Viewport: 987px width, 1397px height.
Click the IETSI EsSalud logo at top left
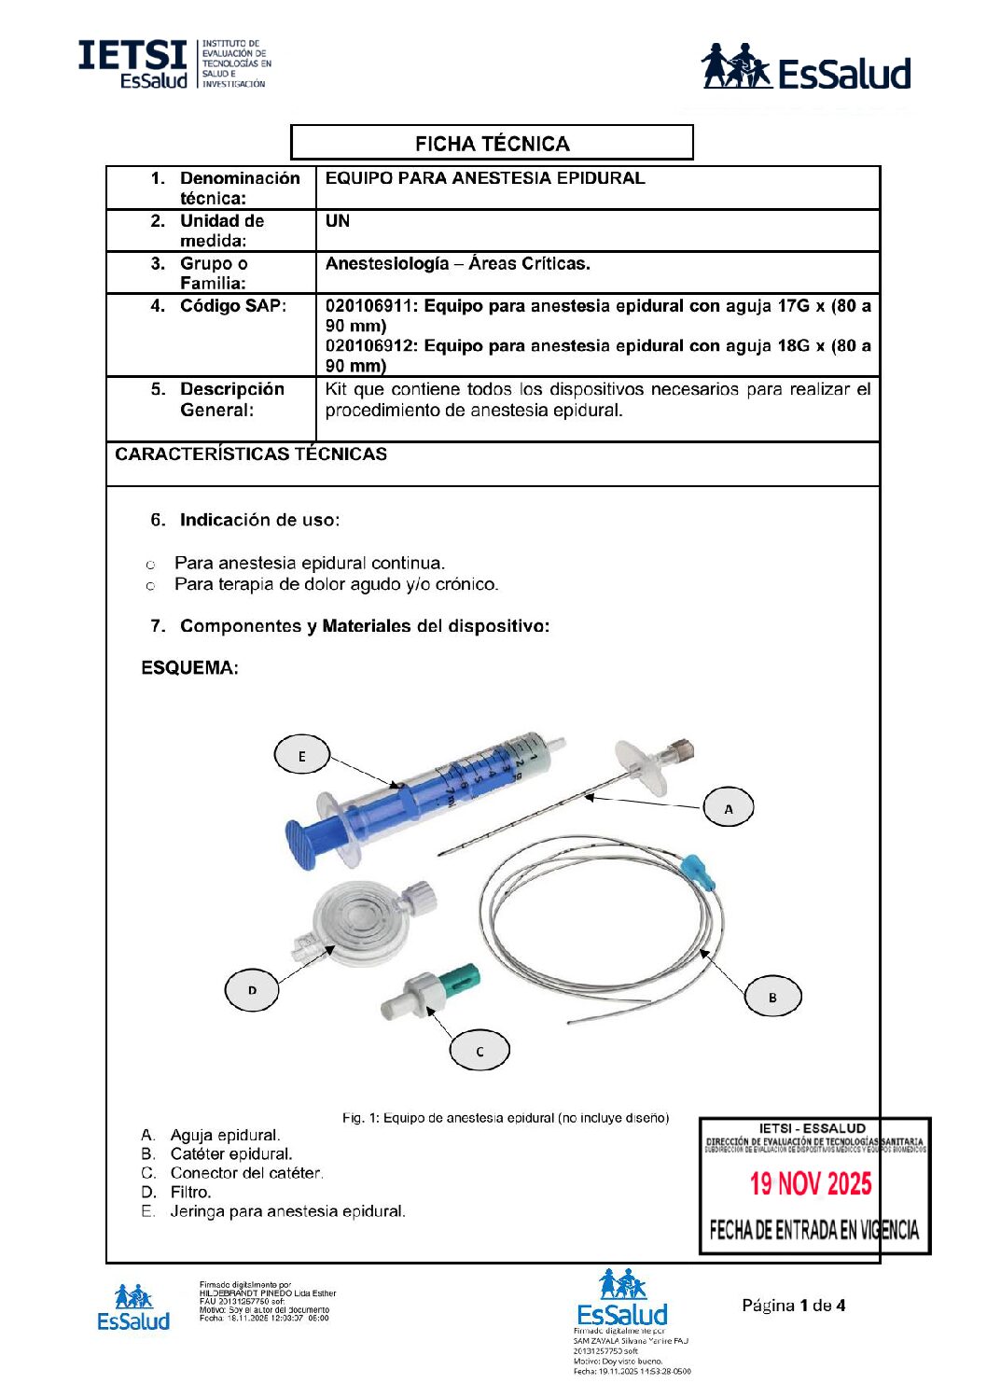point(174,64)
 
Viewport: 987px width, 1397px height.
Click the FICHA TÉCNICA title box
point(492,143)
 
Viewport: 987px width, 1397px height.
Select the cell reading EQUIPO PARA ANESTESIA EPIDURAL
point(485,178)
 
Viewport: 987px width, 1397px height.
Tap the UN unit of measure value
point(338,221)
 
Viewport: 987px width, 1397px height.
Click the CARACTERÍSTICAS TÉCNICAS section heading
point(251,454)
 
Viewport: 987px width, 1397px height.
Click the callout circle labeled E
point(301,755)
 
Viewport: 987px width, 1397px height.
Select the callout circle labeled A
point(728,808)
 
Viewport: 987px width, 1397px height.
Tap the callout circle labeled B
point(772,997)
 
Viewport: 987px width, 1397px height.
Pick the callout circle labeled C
point(480,1050)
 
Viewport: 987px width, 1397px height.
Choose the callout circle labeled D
point(252,989)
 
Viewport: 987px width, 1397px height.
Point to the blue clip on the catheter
point(698,871)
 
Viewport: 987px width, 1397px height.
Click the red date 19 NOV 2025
point(811,1183)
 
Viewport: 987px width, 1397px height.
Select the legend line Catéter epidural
point(230,1154)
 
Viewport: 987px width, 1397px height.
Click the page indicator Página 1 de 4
point(793,1306)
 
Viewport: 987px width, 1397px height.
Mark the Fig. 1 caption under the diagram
point(505,1118)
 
